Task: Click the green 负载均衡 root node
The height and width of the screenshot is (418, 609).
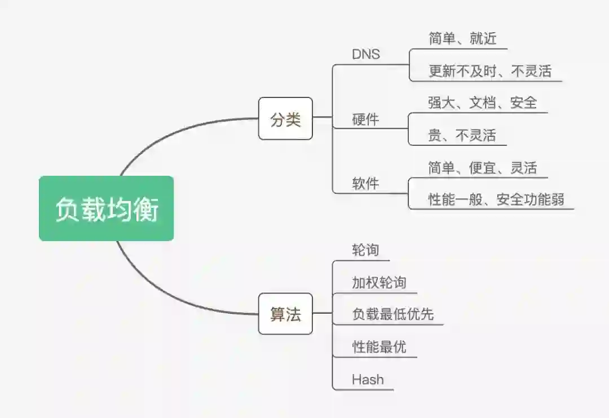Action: pyautogui.click(x=106, y=208)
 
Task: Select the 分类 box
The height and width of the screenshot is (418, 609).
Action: pyautogui.click(x=285, y=119)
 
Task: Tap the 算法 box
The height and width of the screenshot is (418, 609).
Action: pyautogui.click(x=285, y=314)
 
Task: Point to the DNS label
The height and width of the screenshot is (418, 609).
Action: pyautogui.click(x=366, y=54)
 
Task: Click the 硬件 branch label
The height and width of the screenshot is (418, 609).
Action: pyautogui.click(x=366, y=119)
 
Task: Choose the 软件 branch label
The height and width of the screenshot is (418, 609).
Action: pyautogui.click(x=366, y=184)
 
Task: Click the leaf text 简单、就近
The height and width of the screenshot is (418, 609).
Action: pyautogui.click(x=462, y=38)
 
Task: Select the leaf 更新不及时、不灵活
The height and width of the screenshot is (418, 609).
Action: pyautogui.click(x=489, y=71)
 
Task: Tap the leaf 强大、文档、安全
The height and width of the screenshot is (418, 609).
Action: pyautogui.click(x=482, y=103)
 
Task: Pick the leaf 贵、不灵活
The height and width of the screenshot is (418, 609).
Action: pyautogui.click(x=462, y=135)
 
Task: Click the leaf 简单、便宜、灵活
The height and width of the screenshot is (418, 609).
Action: pyautogui.click(x=482, y=168)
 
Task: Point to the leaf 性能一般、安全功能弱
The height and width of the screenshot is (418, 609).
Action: pyautogui.click(x=496, y=199)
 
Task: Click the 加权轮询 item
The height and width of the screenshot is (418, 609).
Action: pyautogui.click(x=379, y=282)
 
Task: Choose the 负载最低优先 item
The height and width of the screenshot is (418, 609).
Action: pyautogui.click(x=392, y=314)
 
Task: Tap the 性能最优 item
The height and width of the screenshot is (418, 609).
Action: pyautogui.click(x=379, y=346)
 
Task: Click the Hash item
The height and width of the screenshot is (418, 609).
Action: pyautogui.click(x=368, y=379)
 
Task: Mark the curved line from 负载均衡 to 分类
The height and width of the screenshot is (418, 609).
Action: pyautogui.click(x=169, y=128)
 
